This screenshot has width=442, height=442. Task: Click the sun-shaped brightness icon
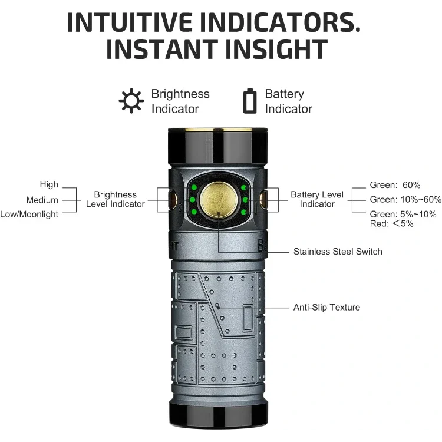[x=131, y=101]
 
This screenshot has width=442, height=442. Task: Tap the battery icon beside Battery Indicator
[x=250, y=101]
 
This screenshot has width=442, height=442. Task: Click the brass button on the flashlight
[x=217, y=200]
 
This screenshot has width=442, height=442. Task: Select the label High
[x=49, y=184]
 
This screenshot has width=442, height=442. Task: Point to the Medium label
[x=42, y=200]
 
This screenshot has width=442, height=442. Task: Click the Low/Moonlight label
[x=29, y=215]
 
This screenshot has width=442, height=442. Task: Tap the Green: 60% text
[x=395, y=185]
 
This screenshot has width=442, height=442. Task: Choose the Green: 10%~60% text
[x=405, y=200]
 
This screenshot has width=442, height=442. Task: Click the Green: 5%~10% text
[x=403, y=214]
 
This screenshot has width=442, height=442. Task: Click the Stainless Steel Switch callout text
[x=338, y=252]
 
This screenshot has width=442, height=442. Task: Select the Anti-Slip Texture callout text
[x=326, y=307]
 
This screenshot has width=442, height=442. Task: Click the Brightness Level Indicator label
[x=116, y=199]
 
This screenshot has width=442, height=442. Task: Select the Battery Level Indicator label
[x=317, y=199]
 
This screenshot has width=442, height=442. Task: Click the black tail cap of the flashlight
[x=217, y=414]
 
